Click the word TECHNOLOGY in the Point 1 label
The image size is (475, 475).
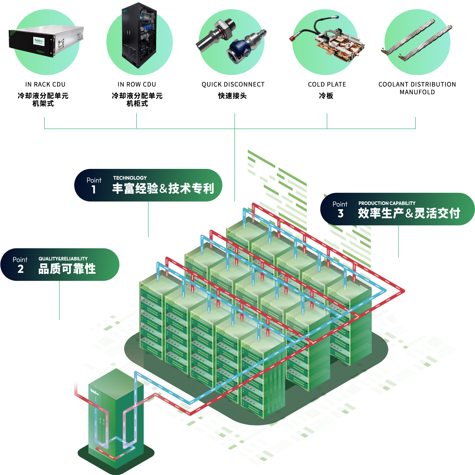[x=130, y=178]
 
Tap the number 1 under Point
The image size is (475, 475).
[x=94, y=189]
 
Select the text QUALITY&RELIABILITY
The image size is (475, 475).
[x=63, y=259]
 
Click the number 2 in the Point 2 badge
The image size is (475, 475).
[x=21, y=269]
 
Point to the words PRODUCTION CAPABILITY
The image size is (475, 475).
[x=387, y=203]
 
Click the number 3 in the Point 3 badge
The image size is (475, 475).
[x=340, y=214]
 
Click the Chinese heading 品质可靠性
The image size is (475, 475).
[x=67, y=269]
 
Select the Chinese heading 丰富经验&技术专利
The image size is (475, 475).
[x=163, y=189]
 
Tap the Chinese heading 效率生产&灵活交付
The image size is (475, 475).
[x=409, y=213]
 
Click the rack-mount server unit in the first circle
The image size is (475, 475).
[x=46, y=41]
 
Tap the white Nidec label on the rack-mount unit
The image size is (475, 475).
[x=39, y=41]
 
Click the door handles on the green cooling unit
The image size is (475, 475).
[x=102, y=421]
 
